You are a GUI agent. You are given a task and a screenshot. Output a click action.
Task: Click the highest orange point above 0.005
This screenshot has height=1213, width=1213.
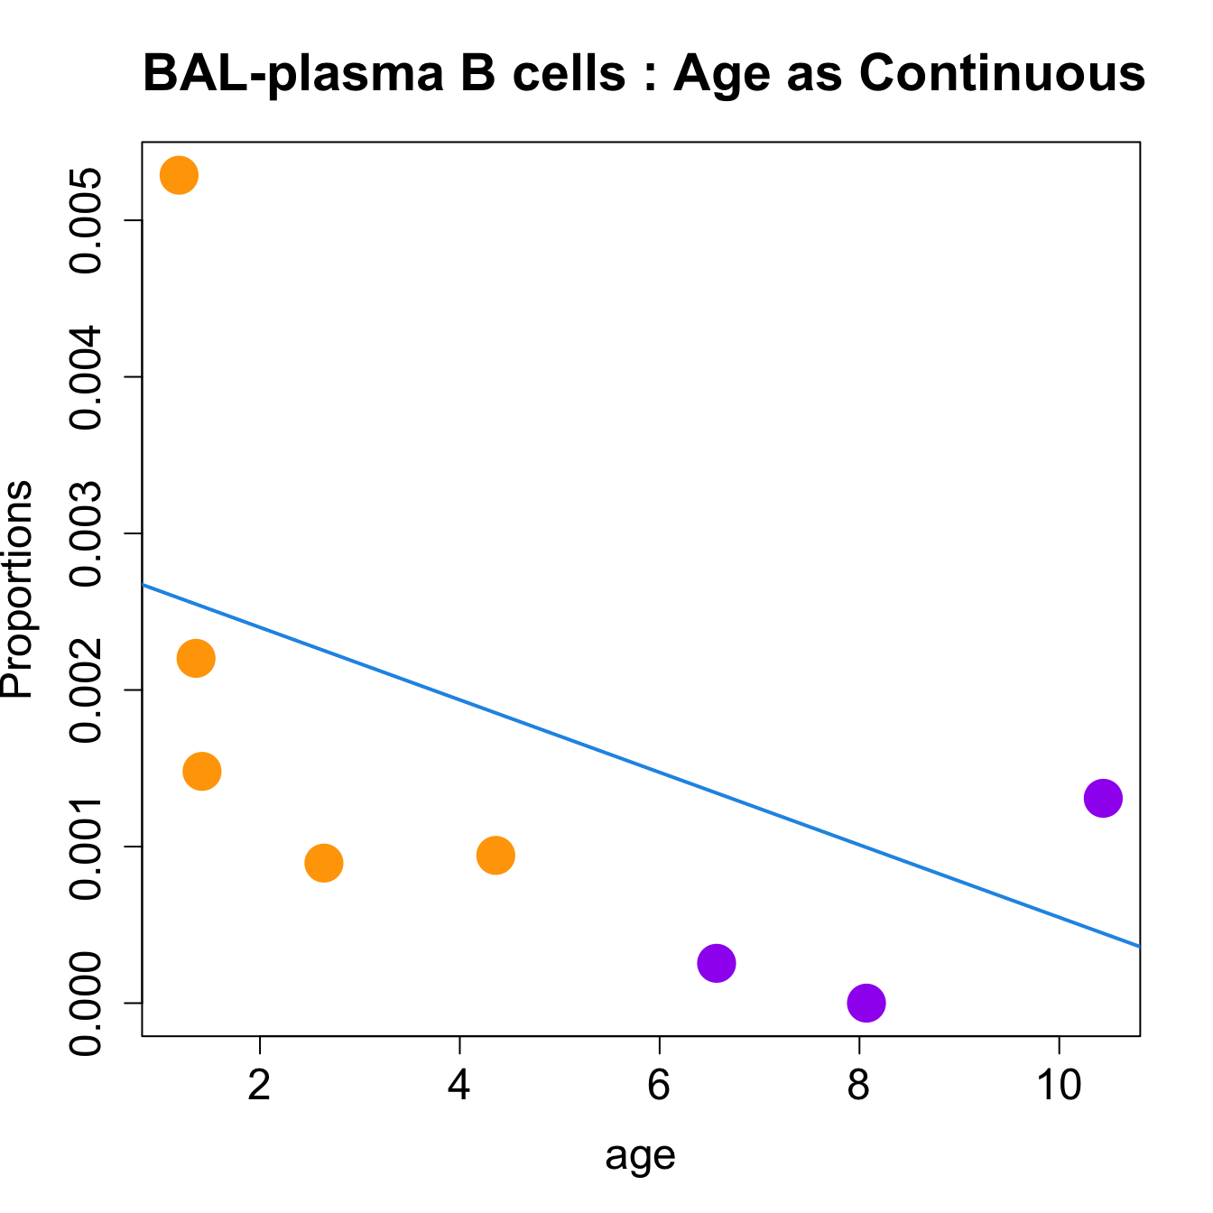(x=179, y=175)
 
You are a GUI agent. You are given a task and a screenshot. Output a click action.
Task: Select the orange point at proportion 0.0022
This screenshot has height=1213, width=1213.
(x=196, y=658)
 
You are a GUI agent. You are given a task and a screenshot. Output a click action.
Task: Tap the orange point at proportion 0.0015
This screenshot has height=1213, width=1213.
(x=201, y=771)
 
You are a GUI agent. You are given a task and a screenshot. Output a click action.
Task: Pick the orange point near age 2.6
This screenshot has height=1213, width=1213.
(x=324, y=864)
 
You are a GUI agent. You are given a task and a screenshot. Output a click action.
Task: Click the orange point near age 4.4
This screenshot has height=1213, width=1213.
(x=495, y=855)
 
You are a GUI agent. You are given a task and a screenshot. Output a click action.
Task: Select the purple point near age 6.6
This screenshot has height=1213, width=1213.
(x=717, y=964)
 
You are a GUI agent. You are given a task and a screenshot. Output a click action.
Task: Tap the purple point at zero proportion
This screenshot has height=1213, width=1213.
(x=866, y=1003)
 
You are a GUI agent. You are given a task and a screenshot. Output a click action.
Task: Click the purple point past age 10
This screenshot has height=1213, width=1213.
(x=1103, y=798)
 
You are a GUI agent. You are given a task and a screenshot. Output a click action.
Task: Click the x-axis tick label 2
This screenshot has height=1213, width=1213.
(x=260, y=1086)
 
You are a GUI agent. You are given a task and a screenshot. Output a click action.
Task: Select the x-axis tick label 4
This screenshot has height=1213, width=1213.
(x=459, y=1086)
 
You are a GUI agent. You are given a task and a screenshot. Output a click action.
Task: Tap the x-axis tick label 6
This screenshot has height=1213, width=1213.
(x=660, y=1086)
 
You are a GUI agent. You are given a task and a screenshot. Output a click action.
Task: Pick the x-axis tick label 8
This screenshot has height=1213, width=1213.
(x=859, y=1086)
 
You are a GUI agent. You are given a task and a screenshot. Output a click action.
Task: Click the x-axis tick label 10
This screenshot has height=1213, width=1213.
(x=1059, y=1086)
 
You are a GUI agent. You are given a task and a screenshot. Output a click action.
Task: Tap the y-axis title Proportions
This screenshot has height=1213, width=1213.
(x=18, y=589)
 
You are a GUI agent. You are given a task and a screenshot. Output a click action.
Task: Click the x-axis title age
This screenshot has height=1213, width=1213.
(x=641, y=1156)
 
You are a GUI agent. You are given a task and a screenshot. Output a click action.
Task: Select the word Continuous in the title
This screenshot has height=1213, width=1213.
(x=1002, y=73)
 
